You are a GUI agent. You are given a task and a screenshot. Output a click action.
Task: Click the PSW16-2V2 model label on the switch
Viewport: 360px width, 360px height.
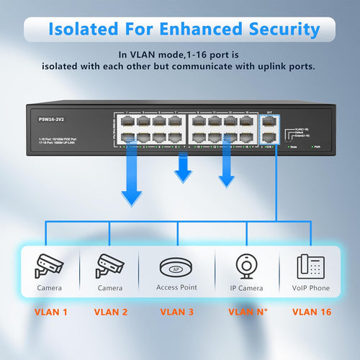51,120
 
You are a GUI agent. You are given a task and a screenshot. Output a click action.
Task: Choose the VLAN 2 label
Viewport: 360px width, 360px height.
112,312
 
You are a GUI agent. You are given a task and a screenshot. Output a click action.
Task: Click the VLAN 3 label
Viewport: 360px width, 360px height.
176,312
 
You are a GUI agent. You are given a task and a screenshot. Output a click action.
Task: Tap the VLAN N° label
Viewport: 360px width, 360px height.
248,312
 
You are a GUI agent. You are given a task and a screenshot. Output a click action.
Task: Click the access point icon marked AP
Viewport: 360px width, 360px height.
176,264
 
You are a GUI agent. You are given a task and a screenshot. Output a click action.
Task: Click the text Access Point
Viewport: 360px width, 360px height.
176,287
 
